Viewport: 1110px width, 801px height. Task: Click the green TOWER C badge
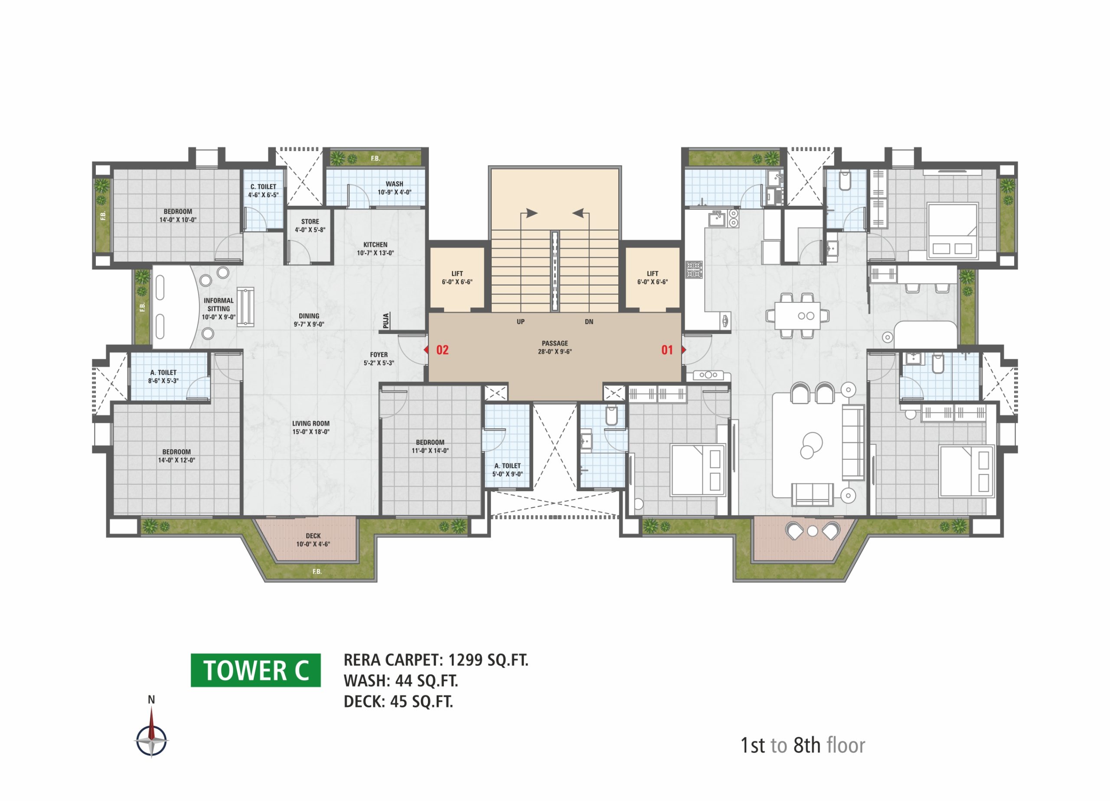pos(255,670)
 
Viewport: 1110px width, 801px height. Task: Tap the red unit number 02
pos(442,350)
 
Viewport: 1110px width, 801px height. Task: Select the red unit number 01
pos(667,350)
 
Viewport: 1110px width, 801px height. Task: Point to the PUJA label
pos(386,321)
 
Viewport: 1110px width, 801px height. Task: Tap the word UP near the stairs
pos(521,322)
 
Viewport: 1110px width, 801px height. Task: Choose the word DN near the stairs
pos(589,322)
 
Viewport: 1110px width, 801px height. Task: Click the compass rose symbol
pos(151,740)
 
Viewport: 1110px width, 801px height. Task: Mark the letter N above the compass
pos(151,700)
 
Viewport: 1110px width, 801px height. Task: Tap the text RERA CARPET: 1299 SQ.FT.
pos(436,660)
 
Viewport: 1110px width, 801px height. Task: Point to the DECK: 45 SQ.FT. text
pos(398,702)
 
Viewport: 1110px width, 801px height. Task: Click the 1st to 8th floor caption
pos(803,745)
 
